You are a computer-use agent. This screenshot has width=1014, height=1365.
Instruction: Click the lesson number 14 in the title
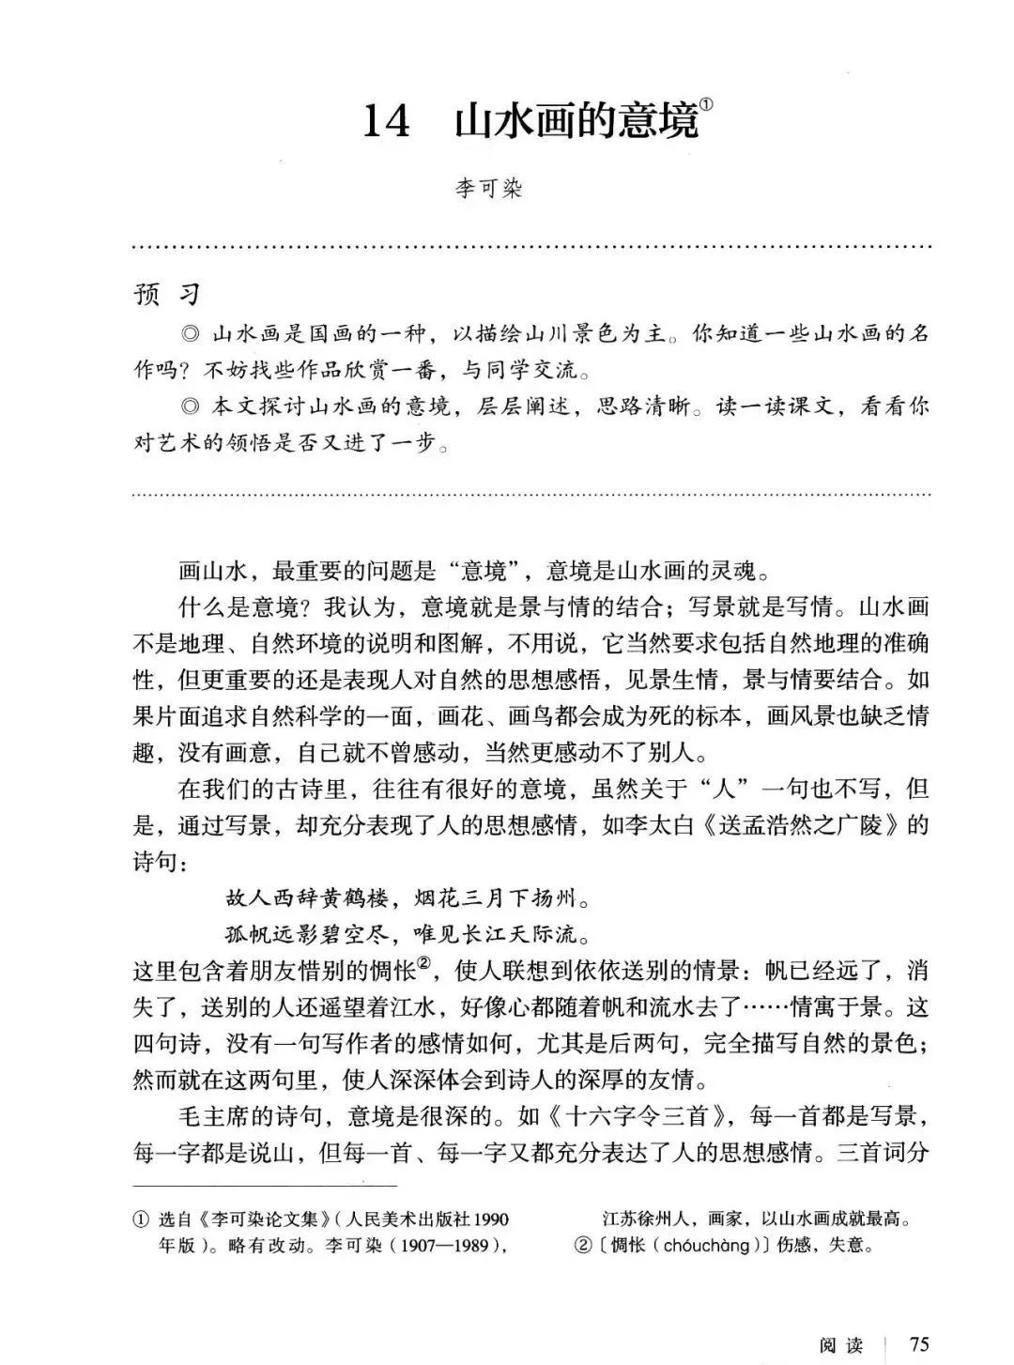pyautogui.click(x=386, y=122)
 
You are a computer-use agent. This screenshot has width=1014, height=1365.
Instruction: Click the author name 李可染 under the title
pyautogui.click(x=487, y=189)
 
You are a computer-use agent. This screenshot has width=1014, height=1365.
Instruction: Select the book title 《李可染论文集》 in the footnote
pyautogui.click(x=252, y=1219)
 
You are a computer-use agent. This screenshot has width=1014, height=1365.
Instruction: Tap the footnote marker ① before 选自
pyautogui.click(x=141, y=1220)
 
